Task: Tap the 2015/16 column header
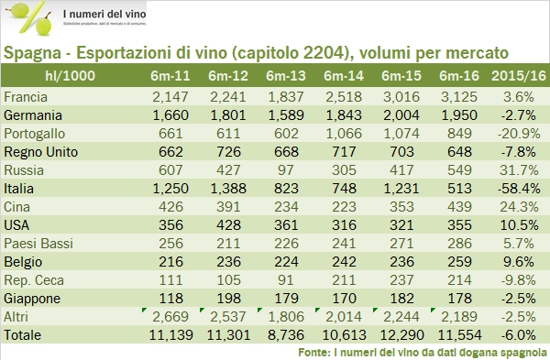pos(518,75)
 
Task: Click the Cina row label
pos(18,206)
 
